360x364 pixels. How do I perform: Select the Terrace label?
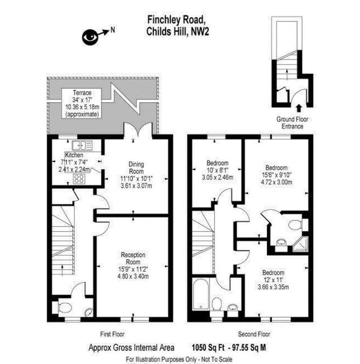coord(82,92)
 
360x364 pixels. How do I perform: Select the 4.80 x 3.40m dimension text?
coord(133,277)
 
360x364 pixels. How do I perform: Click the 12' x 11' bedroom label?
coord(273,280)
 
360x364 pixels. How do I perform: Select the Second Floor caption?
coord(254,334)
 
